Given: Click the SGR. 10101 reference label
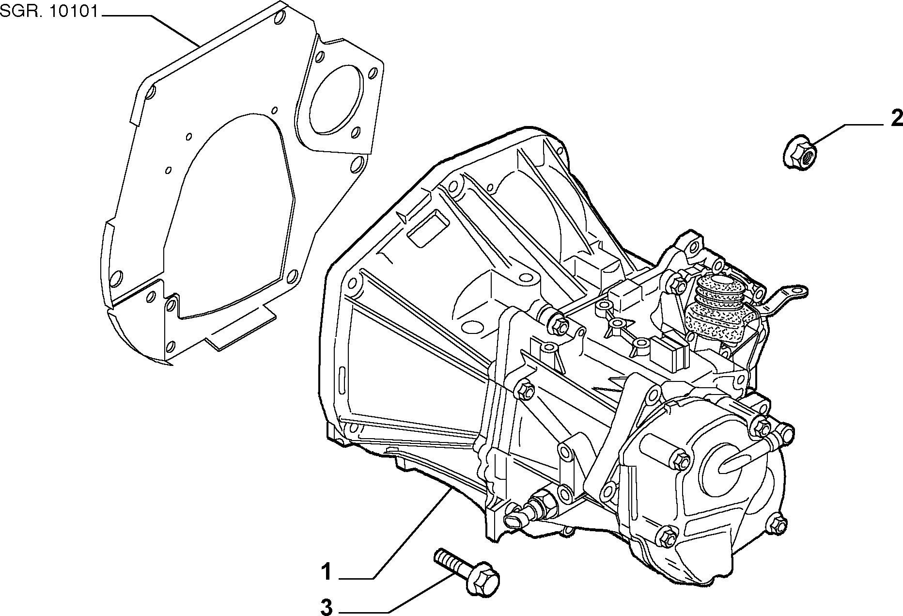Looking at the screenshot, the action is click(x=49, y=12).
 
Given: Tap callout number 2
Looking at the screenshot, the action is click(x=896, y=118).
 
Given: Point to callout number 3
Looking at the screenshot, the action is click(x=327, y=607).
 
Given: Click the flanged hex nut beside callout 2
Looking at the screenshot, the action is click(x=800, y=151).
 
